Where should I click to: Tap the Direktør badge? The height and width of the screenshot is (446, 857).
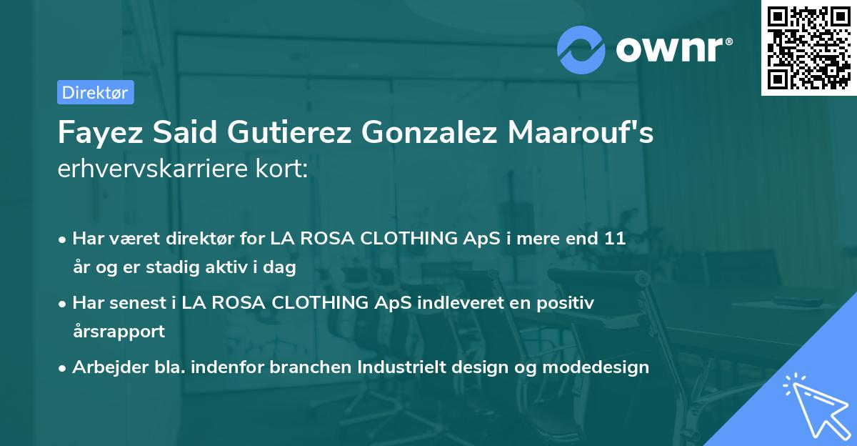(95, 92)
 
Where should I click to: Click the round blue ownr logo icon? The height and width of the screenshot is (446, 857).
(581, 49)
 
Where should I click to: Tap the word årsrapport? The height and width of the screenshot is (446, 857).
(119, 332)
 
